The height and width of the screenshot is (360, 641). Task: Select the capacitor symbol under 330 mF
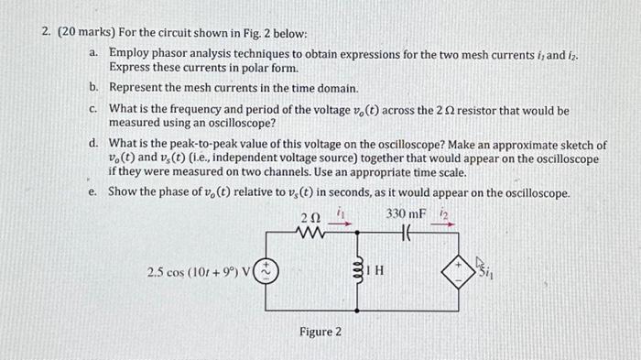pos(407,233)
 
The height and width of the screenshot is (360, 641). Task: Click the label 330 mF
pos(406,213)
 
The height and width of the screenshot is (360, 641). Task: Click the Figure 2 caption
pos(320,331)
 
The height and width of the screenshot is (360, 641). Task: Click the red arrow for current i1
pos(340,221)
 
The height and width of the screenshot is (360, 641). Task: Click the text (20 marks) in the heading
pos(86,31)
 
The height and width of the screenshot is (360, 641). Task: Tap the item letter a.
pos(94,53)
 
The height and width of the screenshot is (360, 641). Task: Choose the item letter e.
pos(94,192)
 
